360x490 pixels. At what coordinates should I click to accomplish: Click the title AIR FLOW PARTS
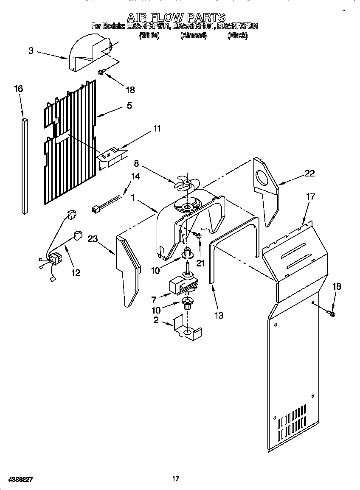click(177, 17)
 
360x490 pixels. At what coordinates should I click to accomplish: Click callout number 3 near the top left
click(31, 51)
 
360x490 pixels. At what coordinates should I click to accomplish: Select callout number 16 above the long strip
click(18, 89)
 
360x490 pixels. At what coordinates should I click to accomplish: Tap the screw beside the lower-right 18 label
click(331, 314)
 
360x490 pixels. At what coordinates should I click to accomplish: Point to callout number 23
click(93, 239)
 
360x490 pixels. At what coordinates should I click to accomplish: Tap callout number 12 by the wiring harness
click(75, 272)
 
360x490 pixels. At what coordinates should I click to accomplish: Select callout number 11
click(157, 129)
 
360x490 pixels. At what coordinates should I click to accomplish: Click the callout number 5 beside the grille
click(129, 106)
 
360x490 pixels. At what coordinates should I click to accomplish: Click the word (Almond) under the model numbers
click(193, 36)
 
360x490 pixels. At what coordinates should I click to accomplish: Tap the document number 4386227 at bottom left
click(17, 479)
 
